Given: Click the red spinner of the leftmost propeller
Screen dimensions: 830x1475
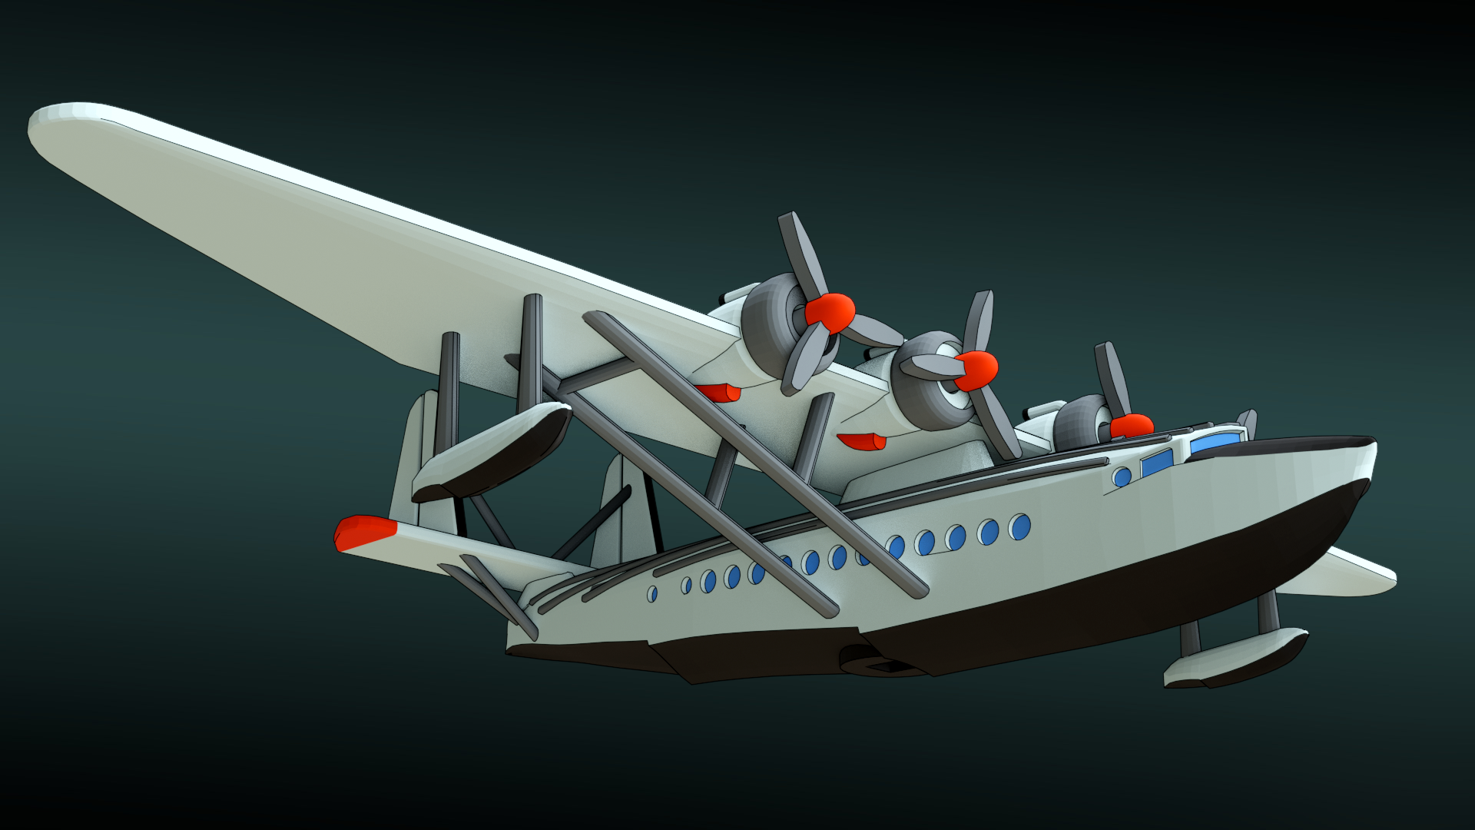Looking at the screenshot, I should (x=830, y=312).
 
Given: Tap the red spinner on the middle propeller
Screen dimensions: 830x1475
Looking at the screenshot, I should (x=977, y=370).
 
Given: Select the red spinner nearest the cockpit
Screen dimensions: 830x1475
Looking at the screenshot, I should (x=1132, y=426).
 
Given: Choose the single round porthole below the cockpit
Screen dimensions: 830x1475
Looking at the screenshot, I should (x=1122, y=477).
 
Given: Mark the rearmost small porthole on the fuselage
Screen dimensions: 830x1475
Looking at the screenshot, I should (x=652, y=593).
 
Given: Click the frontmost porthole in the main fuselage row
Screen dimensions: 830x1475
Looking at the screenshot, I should (x=1020, y=527).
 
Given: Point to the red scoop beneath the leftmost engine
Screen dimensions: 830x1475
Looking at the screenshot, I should (x=719, y=393).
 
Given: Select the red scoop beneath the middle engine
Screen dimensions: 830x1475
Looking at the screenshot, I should (x=862, y=441).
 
